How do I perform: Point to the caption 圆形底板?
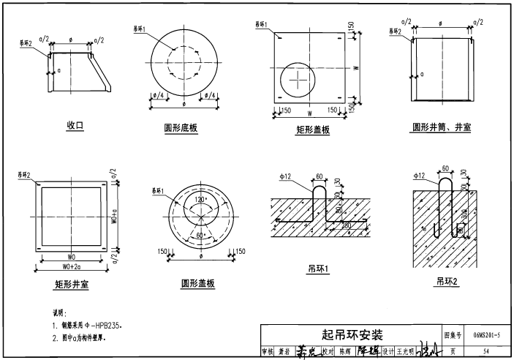182,128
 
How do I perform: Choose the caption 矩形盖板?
313,130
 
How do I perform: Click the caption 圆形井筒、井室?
442,127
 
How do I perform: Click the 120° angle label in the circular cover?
200,199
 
